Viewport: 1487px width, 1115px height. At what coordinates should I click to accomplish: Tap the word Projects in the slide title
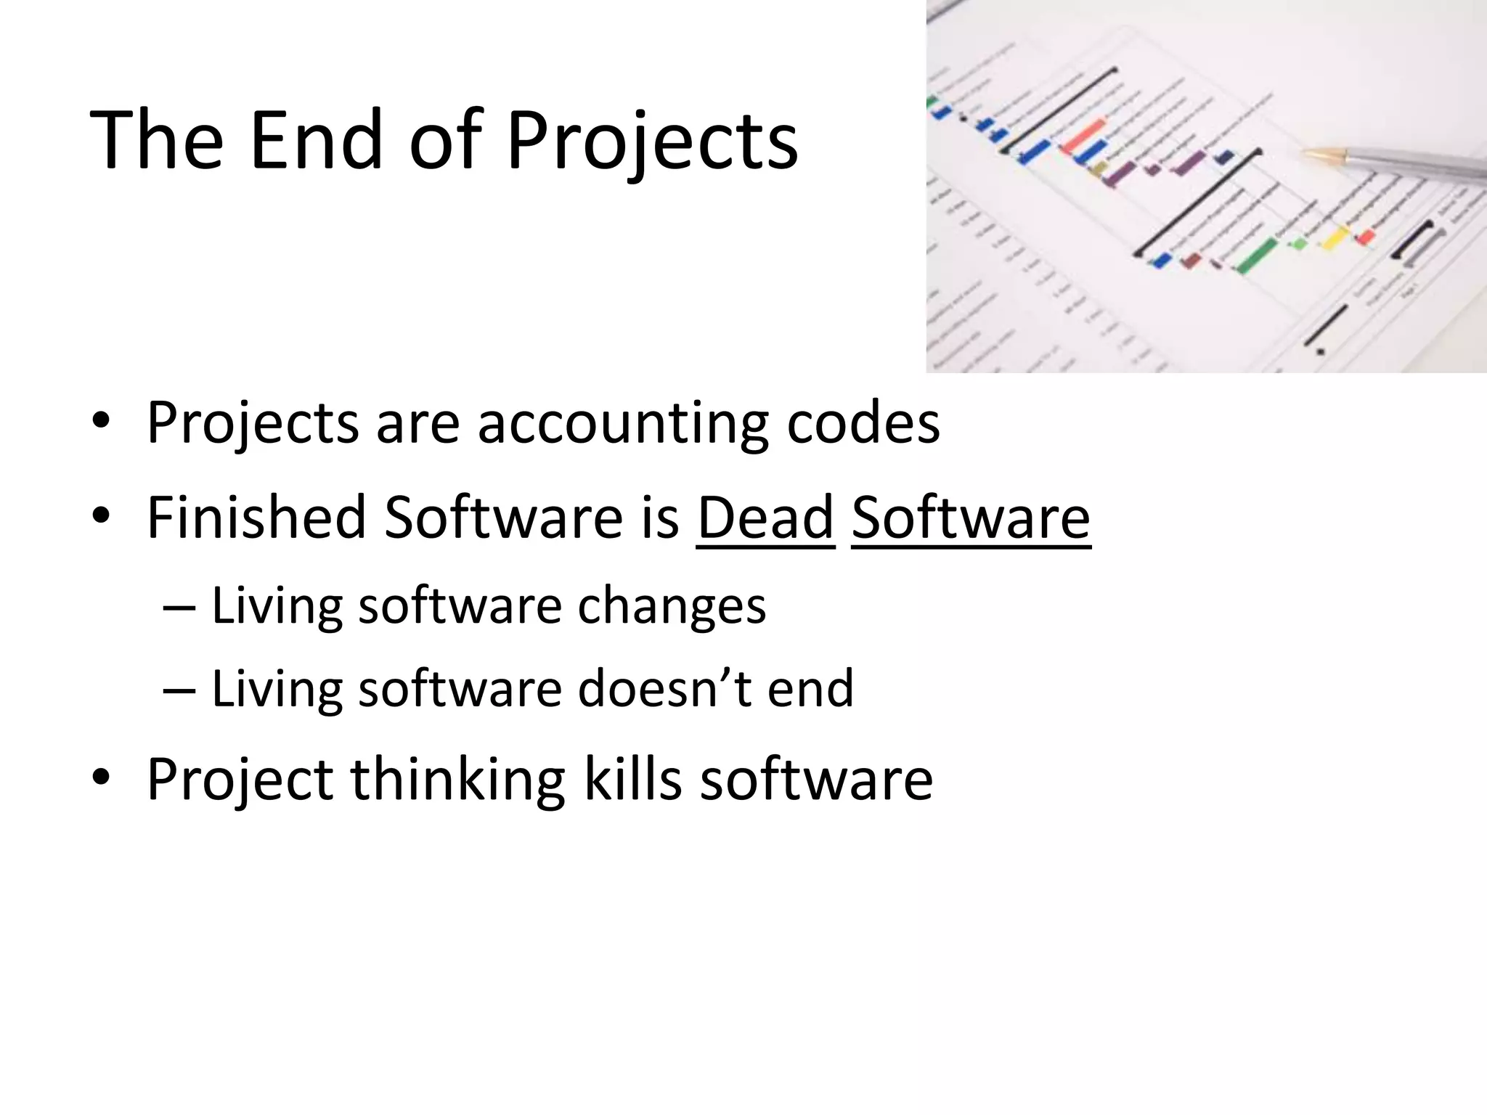click(652, 141)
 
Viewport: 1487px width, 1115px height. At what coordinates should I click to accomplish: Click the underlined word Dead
click(765, 517)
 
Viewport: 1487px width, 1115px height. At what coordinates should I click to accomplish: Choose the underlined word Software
click(971, 517)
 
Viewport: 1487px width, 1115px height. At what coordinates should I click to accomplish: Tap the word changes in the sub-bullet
click(672, 605)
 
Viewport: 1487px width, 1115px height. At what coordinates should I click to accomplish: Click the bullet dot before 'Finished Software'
click(102, 517)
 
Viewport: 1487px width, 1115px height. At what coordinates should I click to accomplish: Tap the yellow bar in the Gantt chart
click(1333, 237)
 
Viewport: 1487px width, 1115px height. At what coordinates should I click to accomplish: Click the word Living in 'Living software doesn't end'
click(277, 688)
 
